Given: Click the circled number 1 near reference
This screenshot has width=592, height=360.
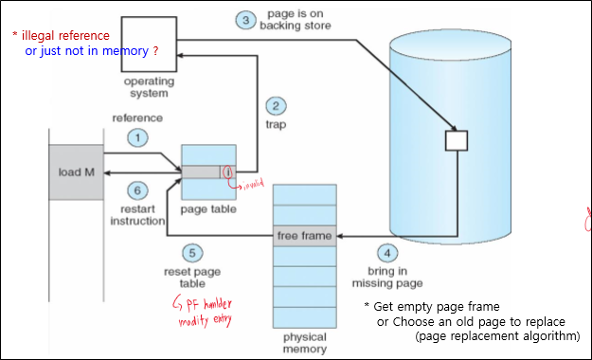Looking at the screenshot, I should tap(138, 138).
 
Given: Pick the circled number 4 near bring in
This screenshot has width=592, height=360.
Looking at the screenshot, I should tap(387, 253).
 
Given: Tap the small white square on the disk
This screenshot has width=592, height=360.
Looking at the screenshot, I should tap(457, 140).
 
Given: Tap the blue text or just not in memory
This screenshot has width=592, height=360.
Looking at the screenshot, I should tap(92, 49).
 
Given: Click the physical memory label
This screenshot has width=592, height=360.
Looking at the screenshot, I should tap(304, 342).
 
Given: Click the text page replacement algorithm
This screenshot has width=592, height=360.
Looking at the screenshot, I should tap(496, 336).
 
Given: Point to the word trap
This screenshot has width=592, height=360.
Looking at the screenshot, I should tap(276, 123).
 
